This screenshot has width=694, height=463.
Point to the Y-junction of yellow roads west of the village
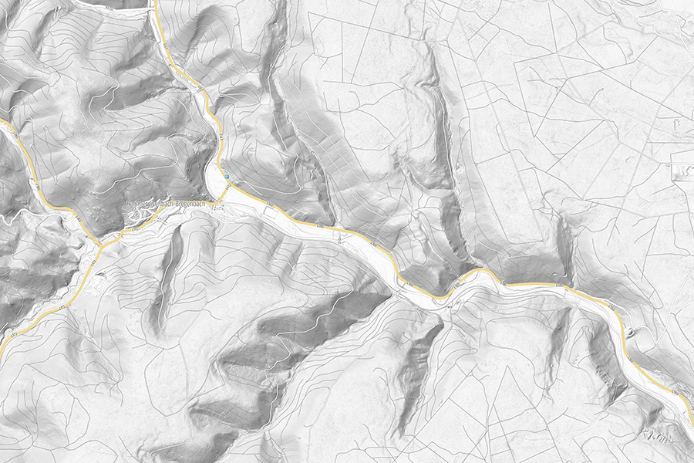coord(100,245)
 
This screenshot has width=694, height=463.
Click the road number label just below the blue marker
coord(271,206)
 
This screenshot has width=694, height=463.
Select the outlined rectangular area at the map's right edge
coord(682,166)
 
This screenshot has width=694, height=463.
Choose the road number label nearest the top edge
coord(166,48)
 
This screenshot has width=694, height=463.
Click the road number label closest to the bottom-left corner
coord(15,336)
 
